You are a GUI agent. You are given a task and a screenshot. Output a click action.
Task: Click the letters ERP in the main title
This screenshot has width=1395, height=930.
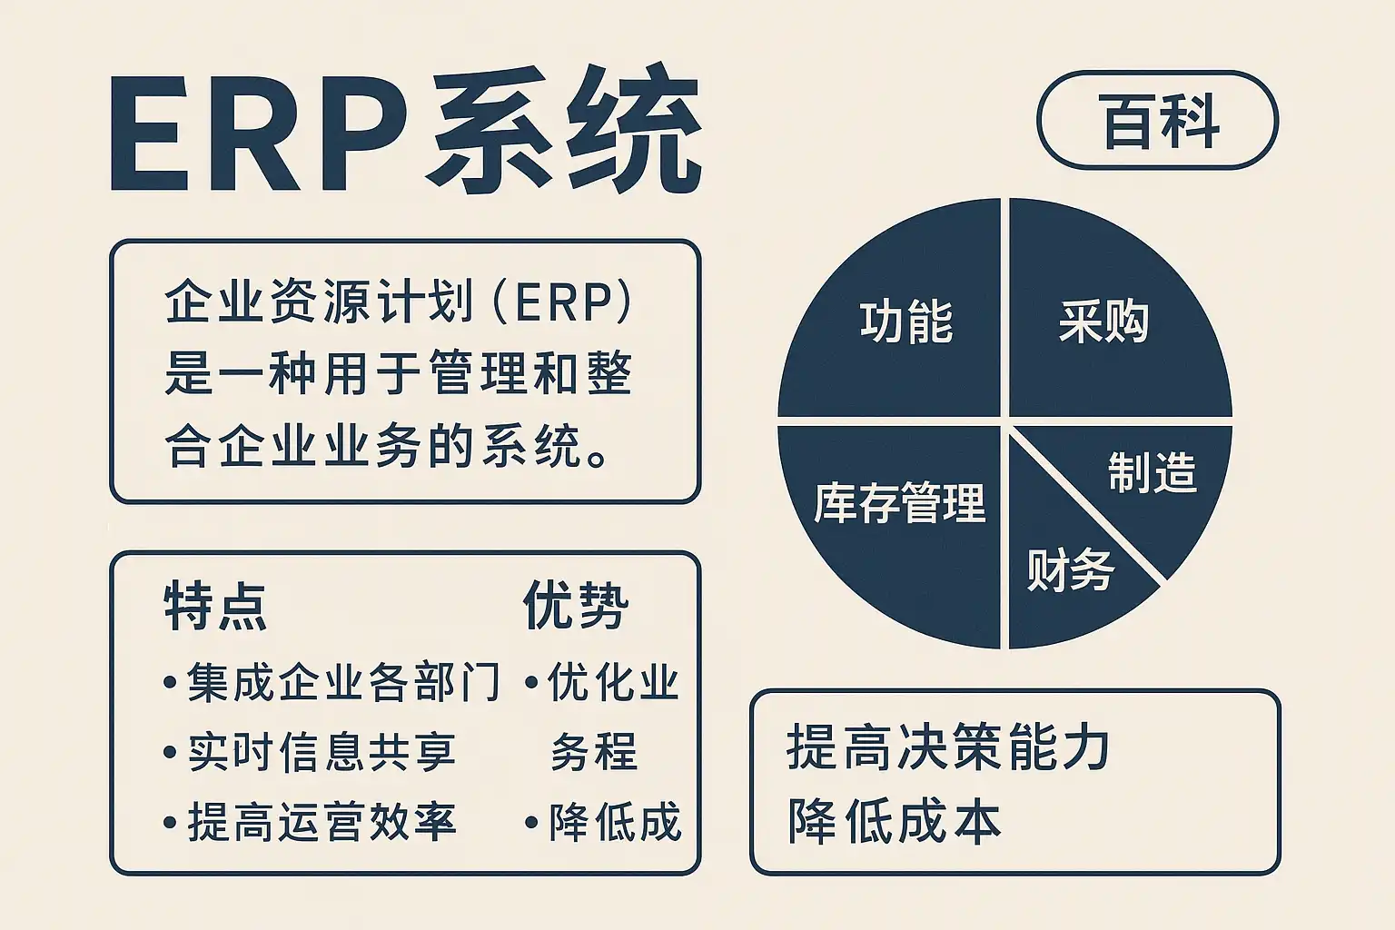(x=259, y=133)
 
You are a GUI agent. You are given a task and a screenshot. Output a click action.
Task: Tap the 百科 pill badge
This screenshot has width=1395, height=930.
(x=1158, y=120)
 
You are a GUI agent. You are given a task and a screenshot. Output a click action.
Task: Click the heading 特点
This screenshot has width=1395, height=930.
(x=215, y=607)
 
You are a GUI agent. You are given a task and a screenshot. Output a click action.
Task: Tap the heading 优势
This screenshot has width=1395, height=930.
(x=576, y=606)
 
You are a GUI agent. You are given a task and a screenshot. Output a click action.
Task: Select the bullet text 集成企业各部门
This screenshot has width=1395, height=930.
(x=343, y=683)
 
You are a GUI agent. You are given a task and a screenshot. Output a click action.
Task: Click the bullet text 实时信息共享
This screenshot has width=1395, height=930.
(x=322, y=752)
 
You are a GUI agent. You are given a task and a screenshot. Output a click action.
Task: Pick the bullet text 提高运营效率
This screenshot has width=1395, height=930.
(x=322, y=822)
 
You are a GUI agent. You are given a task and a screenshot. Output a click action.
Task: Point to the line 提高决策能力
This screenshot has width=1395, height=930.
(x=948, y=748)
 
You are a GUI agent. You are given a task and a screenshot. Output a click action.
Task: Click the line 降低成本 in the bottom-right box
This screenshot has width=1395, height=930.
(x=895, y=821)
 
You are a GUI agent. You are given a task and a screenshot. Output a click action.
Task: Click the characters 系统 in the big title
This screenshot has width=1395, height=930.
(x=568, y=130)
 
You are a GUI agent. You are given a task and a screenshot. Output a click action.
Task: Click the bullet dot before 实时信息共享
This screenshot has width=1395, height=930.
(x=170, y=753)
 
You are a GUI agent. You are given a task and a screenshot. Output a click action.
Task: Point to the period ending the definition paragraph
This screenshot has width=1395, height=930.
(x=599, y=459)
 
